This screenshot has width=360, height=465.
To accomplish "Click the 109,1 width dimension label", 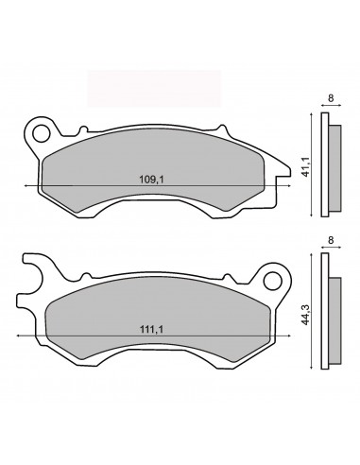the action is point(152,180).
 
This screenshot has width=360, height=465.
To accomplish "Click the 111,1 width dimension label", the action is point(152,330).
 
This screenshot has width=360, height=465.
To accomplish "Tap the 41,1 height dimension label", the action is point(306,166).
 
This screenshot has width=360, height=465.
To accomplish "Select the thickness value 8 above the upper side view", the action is point(331,98).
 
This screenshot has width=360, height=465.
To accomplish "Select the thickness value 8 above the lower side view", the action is point(331,240).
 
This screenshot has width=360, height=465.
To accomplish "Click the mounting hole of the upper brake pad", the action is point(41,133).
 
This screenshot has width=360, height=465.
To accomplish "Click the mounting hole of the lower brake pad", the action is point(272,282).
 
